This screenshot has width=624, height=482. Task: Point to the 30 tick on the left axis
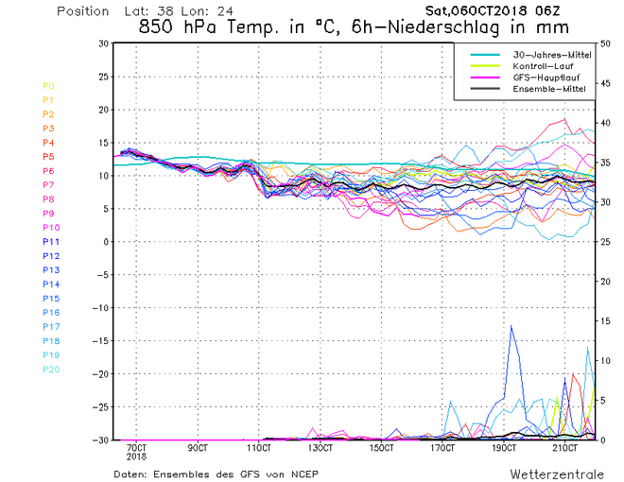103,43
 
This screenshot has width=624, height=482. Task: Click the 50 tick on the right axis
605,43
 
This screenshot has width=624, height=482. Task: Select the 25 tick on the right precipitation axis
605,242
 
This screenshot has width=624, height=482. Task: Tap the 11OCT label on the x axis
259,447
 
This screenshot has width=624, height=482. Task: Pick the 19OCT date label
505,447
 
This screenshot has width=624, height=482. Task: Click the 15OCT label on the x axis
382,447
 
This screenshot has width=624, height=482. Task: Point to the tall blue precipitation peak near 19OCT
511,327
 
